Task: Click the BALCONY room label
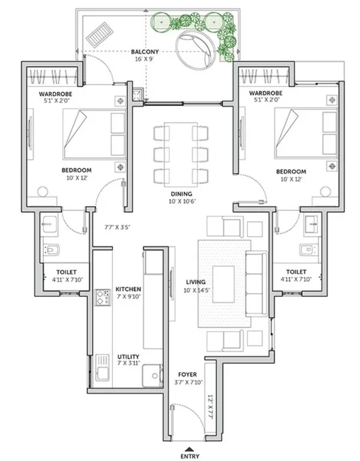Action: point(145,52)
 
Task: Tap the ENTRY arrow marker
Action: point(190,449)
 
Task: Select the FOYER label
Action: point(188,375)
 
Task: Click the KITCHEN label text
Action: point(128,289)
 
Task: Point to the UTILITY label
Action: point(128,357)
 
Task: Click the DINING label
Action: point(182,194)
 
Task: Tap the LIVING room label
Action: point(196,282)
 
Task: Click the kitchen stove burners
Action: point(103,297)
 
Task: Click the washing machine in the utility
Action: point(152,376)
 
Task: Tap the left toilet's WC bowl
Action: point(51,250)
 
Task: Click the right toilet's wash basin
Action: point(311,224)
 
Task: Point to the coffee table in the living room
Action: point(223,284)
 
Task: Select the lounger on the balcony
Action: point(100,35)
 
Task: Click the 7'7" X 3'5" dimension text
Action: point(117,227)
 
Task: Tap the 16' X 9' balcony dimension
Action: point(145,59)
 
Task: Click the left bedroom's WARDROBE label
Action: point(56,94)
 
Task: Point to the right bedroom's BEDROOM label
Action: point(291,171)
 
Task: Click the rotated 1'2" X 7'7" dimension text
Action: point(210,407)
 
